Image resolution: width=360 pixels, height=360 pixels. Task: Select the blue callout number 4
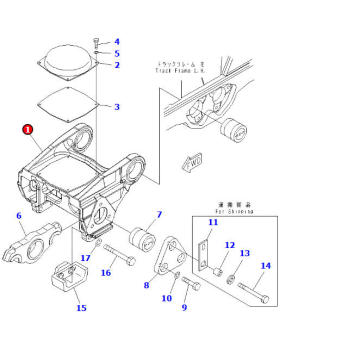coord(117,41)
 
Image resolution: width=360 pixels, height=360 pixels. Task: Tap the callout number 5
coord(117,53)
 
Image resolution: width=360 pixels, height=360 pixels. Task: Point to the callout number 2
coord(117,65)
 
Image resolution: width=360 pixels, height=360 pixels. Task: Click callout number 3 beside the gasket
coord(117,106)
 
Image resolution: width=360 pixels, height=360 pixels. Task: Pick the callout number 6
coord(19,215)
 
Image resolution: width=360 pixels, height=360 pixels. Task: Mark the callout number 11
coord(212,222)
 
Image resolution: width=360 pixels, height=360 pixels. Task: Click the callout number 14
coord(265,265)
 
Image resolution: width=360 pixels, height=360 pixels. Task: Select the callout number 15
coord(82,308)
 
